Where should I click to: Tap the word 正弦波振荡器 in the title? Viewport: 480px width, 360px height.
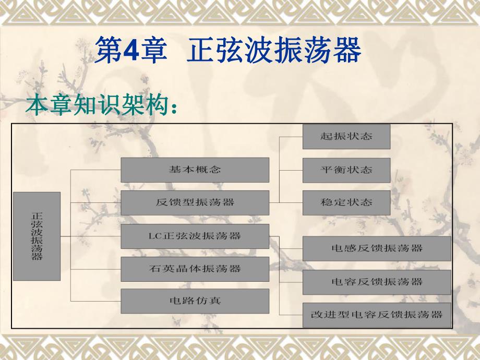(x=273, y=52)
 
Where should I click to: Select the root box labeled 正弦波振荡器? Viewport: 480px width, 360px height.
(x=37, y=236)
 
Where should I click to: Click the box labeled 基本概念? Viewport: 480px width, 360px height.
(x=195, y=170)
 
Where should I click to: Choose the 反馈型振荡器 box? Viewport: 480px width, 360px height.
(x=195, y=203)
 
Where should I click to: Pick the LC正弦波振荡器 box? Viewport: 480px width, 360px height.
(x=195, y=236)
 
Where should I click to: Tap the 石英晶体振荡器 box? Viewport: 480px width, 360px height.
(x=195, y=269)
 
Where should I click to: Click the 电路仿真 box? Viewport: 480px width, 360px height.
(x=195, y=301)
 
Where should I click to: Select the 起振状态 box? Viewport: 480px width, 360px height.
(x=346, y=137)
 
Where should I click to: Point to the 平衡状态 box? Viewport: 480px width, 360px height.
(x=346, y=170)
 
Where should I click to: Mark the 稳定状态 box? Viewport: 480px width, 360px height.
(x=346, y=202)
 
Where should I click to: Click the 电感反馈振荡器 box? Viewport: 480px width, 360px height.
(x=377, y=248)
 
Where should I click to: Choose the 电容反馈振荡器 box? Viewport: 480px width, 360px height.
(x=377, y=282)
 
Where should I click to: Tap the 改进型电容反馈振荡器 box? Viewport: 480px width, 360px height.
(x=377, y=314)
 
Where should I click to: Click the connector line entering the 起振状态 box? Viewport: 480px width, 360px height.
(x=291, y=137)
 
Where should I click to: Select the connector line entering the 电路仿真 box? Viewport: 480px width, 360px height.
(x=96, y=302)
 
